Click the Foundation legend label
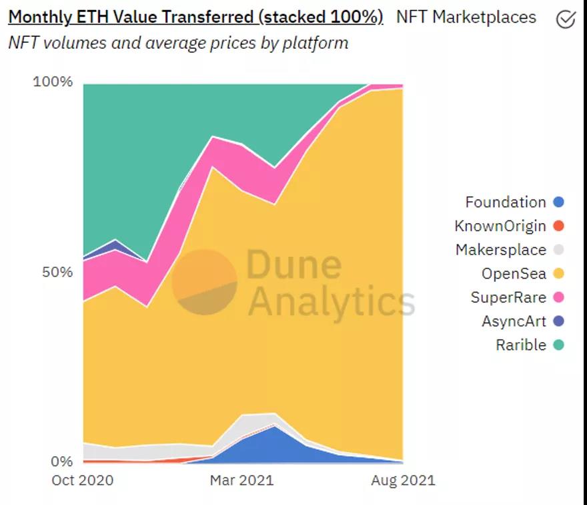click(506, 202)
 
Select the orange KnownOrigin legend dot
click(559, 226)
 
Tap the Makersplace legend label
click(501, 250)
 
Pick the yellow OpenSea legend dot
click(559, 273)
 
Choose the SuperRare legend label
click(508, 297)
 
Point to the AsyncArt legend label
click(514, 321)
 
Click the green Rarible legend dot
click(559, 345)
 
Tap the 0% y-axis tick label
click(61, 462)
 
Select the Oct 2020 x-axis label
click(83, 480)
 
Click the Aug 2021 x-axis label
click(402, 480)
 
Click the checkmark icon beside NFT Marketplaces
click(566, 19)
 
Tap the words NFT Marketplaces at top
click(466, 17)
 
